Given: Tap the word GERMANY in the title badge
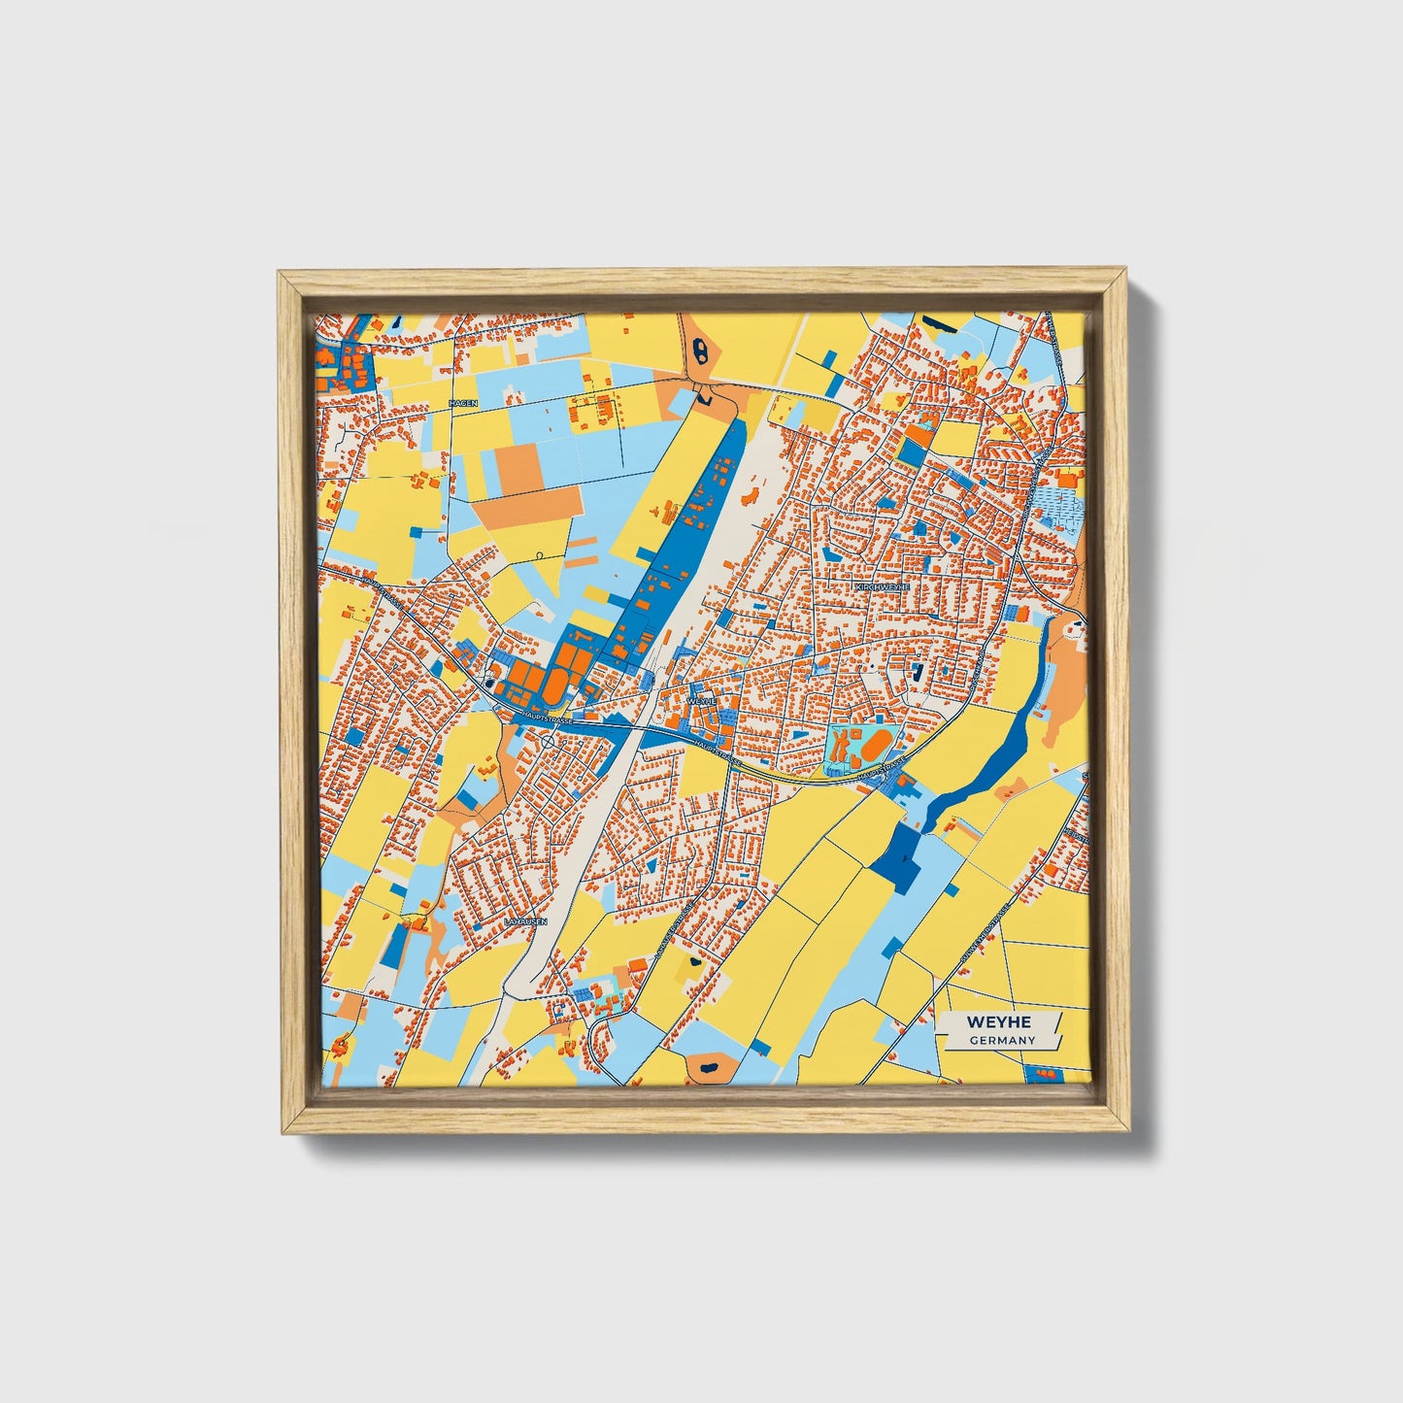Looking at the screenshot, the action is (x=1001, y=1040).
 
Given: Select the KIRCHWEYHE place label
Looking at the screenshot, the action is (x=882, y=587).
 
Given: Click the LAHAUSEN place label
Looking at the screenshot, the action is (x=526, y=920).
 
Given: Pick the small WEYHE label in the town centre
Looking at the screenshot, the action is (x=701, y=699).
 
